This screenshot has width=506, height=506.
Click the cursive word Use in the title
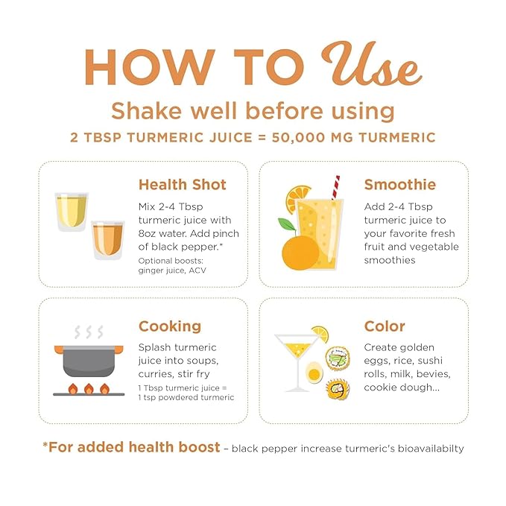(371, 64)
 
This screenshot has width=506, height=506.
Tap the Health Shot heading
(183, 185)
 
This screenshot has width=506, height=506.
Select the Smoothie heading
(400, 185)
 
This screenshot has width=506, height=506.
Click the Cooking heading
(170, 326)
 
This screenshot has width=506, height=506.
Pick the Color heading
(385, 326)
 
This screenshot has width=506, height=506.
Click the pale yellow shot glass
(72, 212)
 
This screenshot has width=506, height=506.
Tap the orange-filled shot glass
(108, 240)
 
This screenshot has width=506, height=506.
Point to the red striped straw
(335, 188)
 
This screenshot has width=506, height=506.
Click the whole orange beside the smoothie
(300, 252)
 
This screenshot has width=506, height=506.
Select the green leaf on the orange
(287, 224)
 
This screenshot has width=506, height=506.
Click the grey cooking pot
(89, 361)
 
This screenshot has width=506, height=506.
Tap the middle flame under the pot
(89, 389)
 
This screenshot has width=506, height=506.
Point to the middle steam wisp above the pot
(89, 332)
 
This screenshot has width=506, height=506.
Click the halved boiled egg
(313, 373)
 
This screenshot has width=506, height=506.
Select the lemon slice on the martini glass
(320, 334)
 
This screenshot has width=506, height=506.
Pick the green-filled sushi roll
(338, 358)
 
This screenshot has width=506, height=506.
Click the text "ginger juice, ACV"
(172, 271)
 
